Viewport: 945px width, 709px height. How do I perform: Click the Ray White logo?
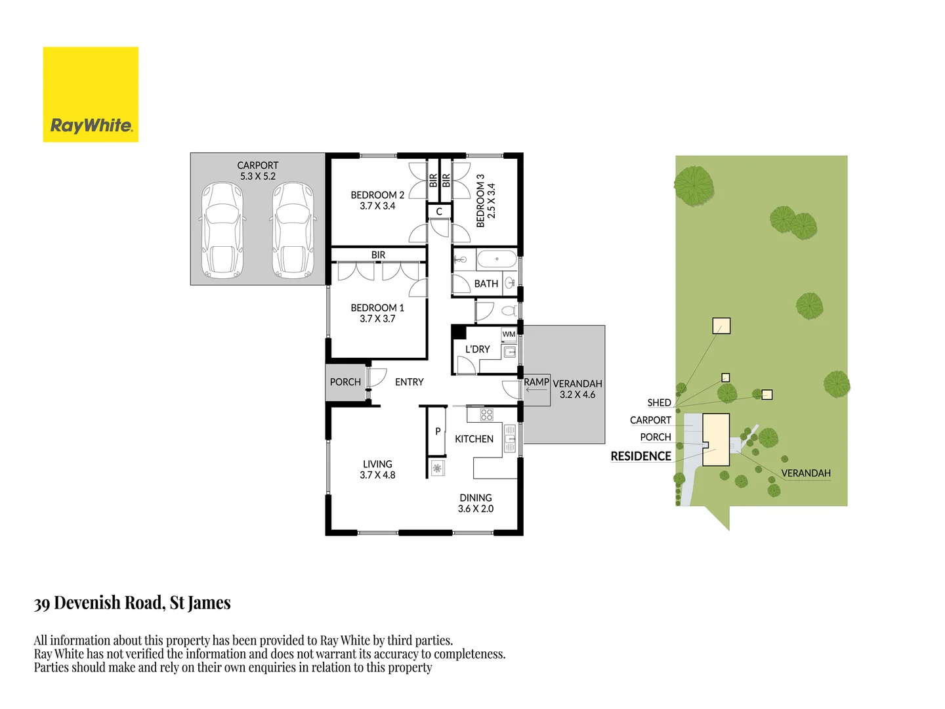point(91,95)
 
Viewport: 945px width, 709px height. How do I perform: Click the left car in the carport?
point(223,230)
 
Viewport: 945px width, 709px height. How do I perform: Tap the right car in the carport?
point(293,230)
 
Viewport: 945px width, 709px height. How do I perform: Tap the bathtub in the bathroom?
point(497,259)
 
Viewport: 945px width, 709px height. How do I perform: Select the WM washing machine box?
point(509,334)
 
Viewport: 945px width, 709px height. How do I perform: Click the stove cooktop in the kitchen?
point(486,414)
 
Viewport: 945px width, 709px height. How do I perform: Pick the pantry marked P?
point(438,431)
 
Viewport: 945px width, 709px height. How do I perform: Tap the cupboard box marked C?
point(439,211)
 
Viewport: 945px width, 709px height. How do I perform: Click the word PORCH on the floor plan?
point(345,382)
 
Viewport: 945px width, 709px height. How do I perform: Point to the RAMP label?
point(536,381)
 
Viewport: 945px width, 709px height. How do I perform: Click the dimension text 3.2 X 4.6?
point(577,395)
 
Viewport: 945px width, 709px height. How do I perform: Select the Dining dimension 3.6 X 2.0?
point(476,509)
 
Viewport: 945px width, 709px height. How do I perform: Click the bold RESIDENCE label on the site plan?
point(640,456)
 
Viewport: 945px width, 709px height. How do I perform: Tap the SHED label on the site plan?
point(659,402)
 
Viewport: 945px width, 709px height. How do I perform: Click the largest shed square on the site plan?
point(721,326)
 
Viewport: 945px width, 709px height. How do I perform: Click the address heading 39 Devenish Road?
point(133,603)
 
